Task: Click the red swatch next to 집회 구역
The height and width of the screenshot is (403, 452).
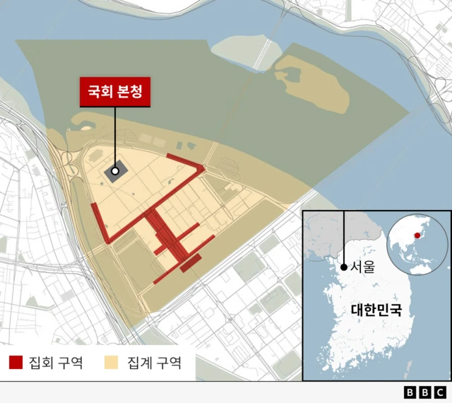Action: pyautogui.click(x=16, y=363)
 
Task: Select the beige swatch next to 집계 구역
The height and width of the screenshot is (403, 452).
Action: pyautogui.click(x=111, y=363)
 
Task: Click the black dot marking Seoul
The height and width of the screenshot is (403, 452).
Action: pyautogui.click(x=344, y=267)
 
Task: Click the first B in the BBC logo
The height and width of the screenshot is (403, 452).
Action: pyautogui.click(x=410, y=392)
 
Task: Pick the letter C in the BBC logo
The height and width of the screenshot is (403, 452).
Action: pyautogui.click(x=440, y=392)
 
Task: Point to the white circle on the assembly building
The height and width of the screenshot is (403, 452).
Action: pyautogui.click(x=115, y=171)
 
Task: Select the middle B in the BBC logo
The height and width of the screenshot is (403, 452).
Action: pyautogui.click(x=425, y=392)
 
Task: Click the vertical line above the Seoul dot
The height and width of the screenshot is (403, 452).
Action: pyautogui.click(x=344, y=237)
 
